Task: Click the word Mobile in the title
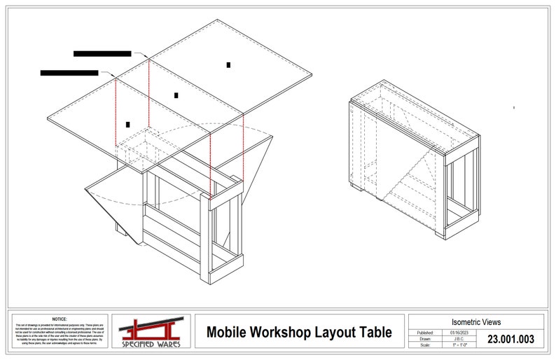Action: coord(228,332)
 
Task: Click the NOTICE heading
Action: coord(60,319)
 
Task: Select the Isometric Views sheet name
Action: coord(476,322)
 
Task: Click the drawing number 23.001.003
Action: coord(510,339)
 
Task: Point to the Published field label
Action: coord(426,332)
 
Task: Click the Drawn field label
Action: coord(426,338)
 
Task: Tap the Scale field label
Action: coord(426,345)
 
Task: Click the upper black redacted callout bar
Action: coord(102,53)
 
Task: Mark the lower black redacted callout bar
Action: coord(69,72)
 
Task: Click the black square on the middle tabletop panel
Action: coord(176,95)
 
